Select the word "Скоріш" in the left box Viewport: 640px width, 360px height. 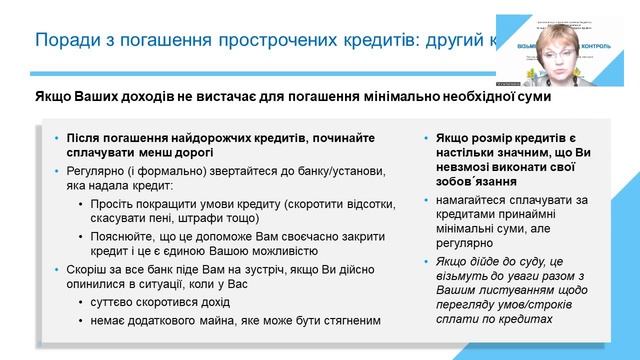coord(86,269)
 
